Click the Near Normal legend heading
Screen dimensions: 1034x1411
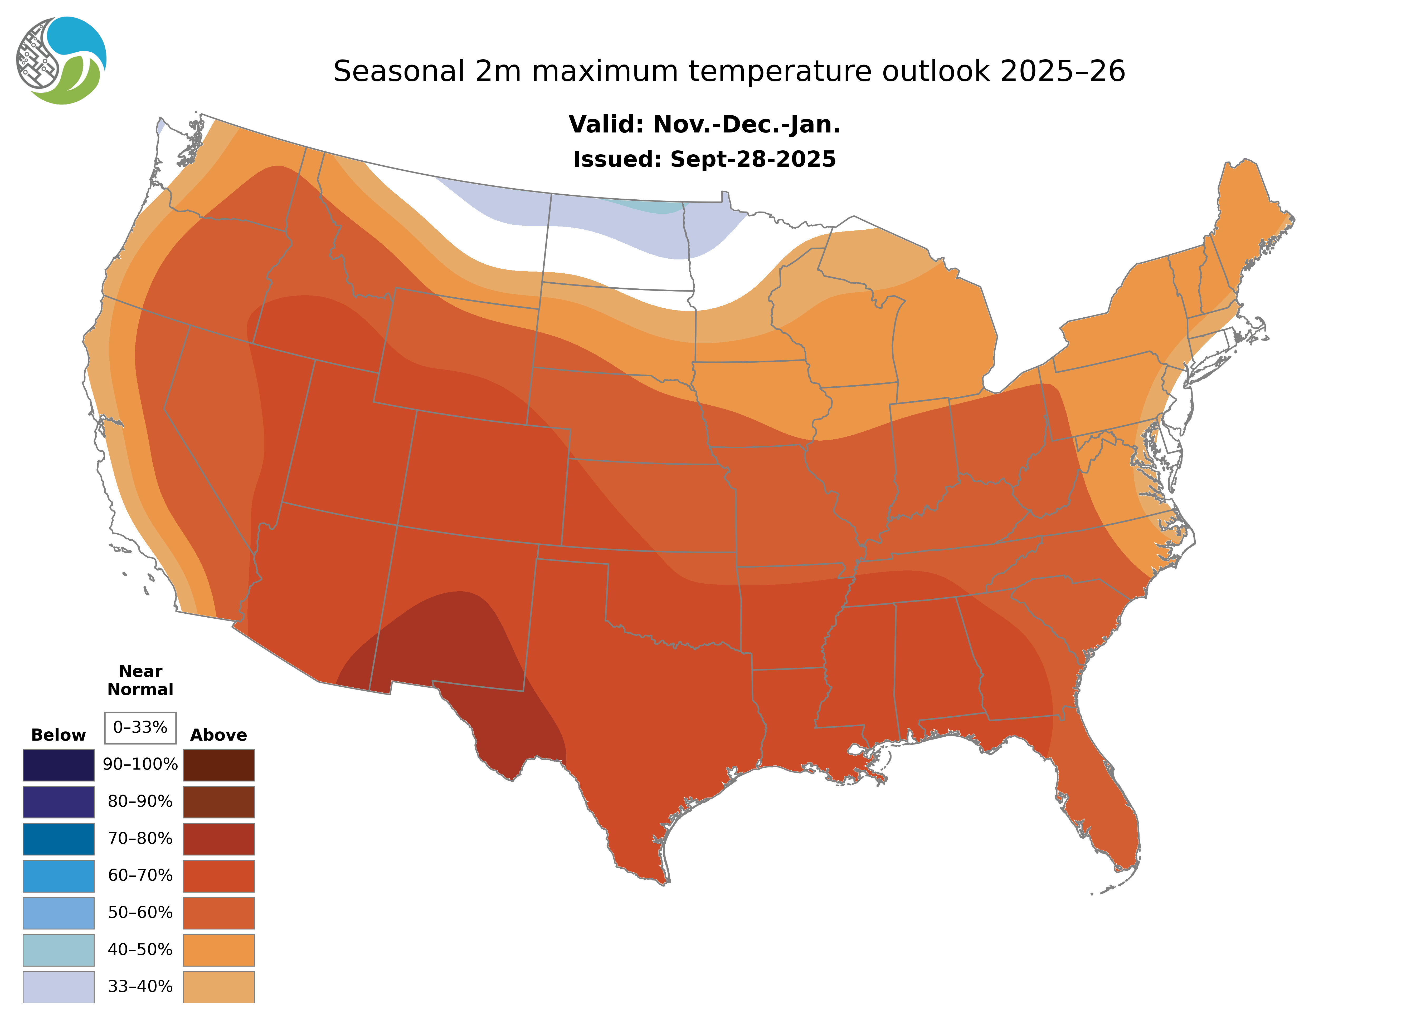pyautogui.click(x=140, y=680)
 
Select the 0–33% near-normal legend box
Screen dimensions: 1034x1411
pyautogui.click(x=140, y=727)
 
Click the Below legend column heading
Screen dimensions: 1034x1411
pyautogui.click(x=58, y=735)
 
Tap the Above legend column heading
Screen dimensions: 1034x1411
pyautogui.click(x=218, y=735)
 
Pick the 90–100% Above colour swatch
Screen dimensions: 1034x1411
pyautogui.click(x=218, y=765)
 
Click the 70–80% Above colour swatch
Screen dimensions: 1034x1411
pyautogui.click(x=218, y=839)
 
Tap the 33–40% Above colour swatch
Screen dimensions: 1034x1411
pyautogui.click(x=218, y=986)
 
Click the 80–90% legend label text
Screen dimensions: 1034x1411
pyautogui.click(x=140, y=802)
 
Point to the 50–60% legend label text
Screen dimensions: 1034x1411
pyautogui.click(x=140, y=913)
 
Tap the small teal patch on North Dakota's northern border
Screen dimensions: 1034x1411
pyautogui.click(x=651, y=206)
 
